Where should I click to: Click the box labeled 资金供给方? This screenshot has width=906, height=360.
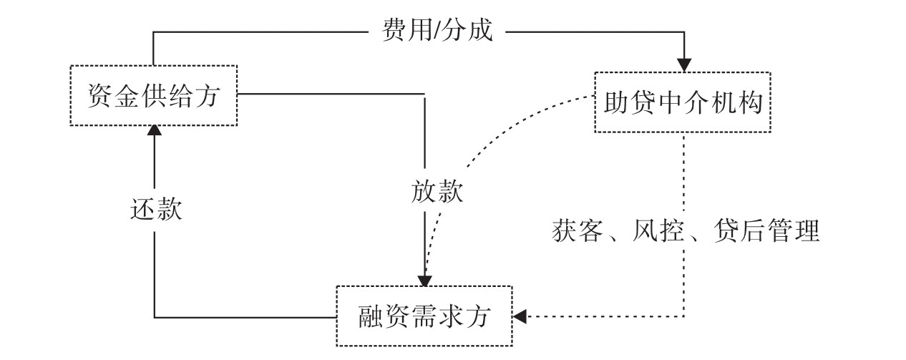154,95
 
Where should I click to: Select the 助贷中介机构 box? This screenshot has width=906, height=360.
683,102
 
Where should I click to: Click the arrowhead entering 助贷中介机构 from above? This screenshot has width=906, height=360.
683,64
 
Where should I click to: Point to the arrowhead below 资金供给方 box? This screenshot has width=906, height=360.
154,130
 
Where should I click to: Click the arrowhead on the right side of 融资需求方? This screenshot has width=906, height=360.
521,316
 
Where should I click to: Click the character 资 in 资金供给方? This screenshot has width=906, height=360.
99,95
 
